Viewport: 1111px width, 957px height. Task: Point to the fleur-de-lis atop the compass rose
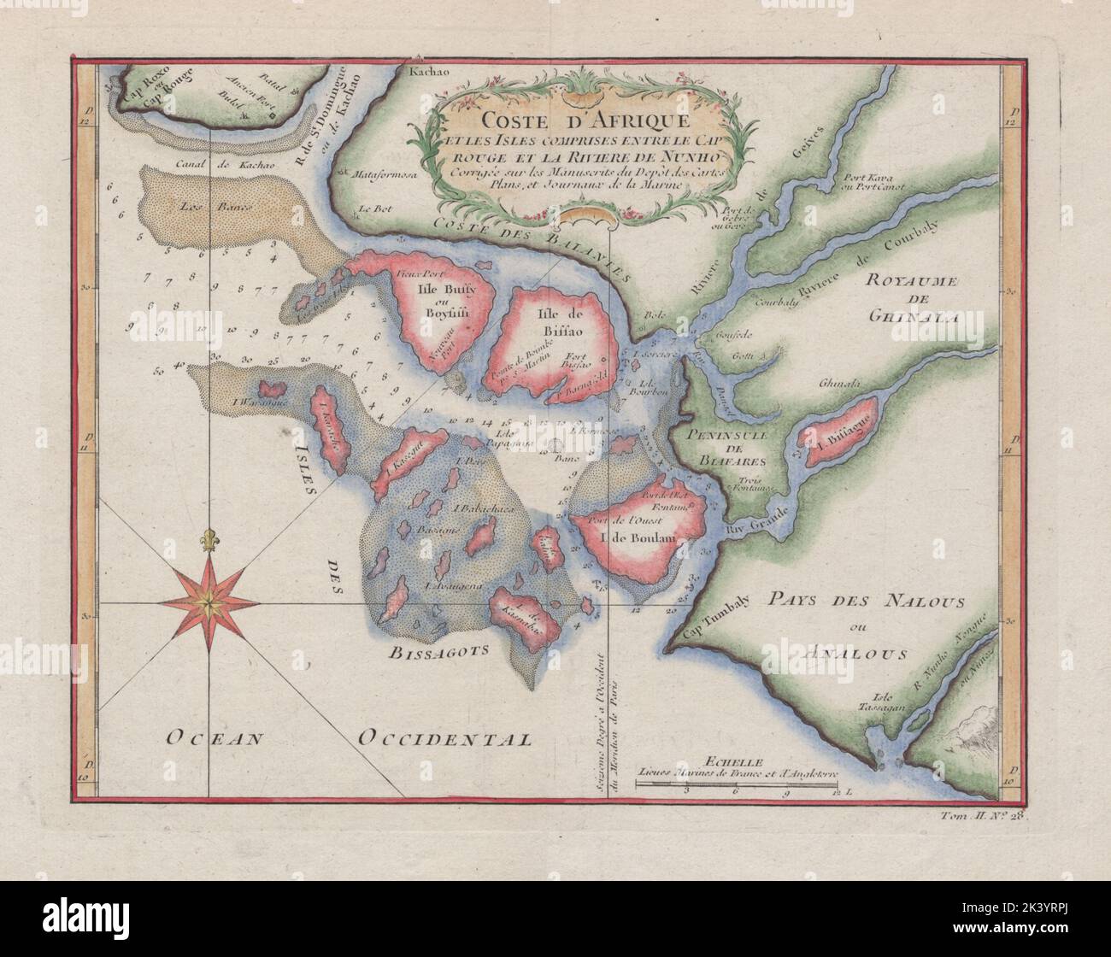pyautogui.click(x=207, y=540)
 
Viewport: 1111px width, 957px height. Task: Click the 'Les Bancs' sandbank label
pyautogui.click(x=198, y=206)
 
